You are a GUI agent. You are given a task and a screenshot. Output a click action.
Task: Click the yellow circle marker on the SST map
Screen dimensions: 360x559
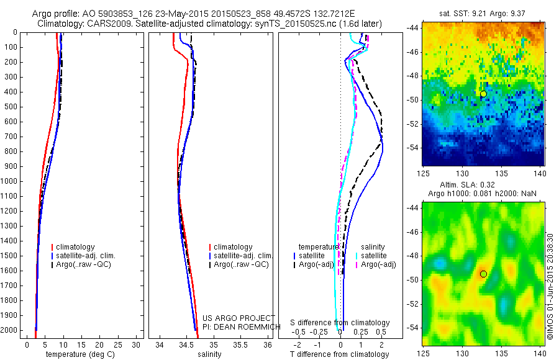coord(483,94)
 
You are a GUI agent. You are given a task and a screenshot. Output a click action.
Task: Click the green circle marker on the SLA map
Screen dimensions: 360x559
coord(483,274)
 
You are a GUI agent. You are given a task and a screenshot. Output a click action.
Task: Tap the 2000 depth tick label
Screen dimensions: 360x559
coord(11,331)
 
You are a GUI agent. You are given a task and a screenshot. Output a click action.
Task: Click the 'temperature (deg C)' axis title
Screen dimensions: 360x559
coord(78,354)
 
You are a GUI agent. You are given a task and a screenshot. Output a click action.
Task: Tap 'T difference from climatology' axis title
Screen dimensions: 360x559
coord(340,354)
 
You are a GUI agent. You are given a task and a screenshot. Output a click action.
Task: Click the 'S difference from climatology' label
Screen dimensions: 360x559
coord(340,323)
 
